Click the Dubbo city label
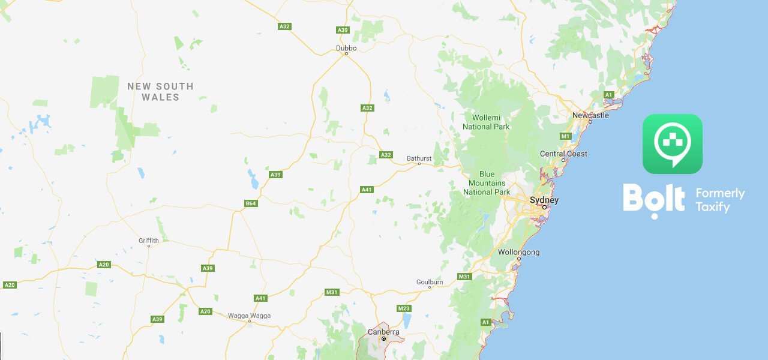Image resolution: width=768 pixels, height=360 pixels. pos(346,47)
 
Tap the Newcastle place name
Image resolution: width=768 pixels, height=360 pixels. pos(590,115)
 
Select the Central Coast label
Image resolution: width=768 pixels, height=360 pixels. pos(563,154)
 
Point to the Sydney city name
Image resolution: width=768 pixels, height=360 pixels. pos(544,200)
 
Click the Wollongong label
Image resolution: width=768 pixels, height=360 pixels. pos(518,252)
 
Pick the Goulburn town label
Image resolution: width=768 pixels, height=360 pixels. pos(430,281)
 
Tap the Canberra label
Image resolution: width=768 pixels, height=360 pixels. pos(383,331)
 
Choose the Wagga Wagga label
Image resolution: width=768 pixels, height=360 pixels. pos(249,316)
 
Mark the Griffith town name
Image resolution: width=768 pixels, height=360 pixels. pos(149,240)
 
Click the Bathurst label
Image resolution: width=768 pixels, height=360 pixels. pos(419,158)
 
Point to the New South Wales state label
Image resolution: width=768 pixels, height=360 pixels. pos(160,92)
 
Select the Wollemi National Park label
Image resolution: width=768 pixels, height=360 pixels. pos(486,122)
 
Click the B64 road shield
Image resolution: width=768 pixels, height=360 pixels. pos(251,203)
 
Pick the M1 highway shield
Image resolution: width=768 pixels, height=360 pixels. pos(565,136)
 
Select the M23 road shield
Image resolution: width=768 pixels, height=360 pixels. pos(404,308)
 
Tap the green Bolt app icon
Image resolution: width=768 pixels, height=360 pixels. pos(672,144)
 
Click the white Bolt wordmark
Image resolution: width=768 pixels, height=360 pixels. pos(653,199)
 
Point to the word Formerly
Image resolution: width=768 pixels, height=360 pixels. pos(720,194)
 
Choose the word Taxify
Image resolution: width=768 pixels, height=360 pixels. pos(712,208)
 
